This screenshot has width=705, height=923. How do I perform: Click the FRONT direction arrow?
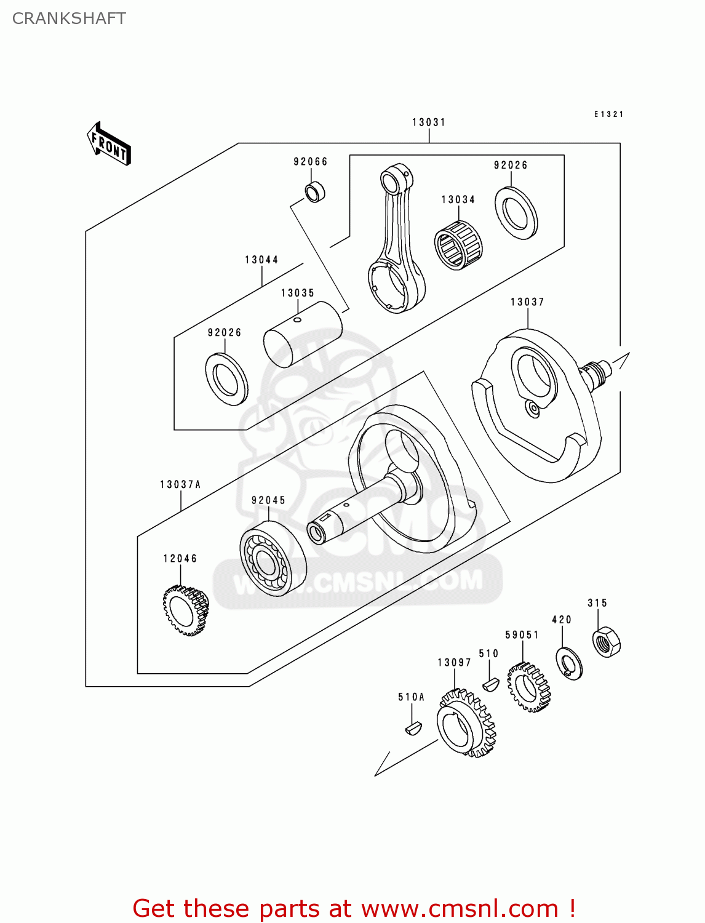coord(109,144)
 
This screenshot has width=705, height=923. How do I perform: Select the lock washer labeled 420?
coord(570,663)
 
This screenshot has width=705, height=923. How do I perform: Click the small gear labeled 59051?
coord(528,687)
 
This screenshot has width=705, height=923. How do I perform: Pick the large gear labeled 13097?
coord(466,723)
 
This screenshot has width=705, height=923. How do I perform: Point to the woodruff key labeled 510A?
coord(413,729)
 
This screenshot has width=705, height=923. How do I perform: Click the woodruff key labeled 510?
coord(490,684)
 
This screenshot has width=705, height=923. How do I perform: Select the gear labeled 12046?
coord(185,610)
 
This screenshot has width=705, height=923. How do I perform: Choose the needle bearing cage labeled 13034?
coord(458,244)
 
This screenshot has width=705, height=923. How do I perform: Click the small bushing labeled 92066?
coord(316,192)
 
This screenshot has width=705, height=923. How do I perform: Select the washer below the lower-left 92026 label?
coord(226,379)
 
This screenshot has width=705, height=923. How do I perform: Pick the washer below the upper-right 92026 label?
coord(516,212)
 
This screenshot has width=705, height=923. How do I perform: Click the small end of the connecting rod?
coord(391,182)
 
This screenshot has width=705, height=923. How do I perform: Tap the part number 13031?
coord(429,122)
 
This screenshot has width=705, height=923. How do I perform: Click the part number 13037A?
coord(180,485)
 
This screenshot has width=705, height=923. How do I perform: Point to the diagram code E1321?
coord(608,114)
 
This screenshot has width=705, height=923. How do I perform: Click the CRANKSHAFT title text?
coord(69,18)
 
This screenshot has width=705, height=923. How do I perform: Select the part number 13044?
coord(261,260)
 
